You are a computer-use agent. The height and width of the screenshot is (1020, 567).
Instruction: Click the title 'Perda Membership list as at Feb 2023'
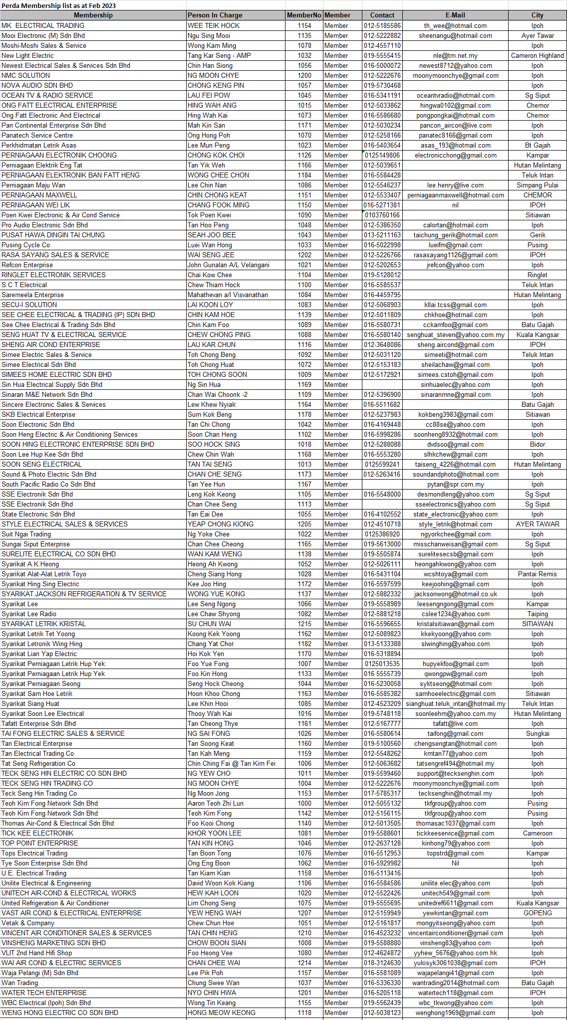click(x=59, y=5)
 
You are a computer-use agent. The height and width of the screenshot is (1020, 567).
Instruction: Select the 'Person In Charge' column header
click(x=215, y=15)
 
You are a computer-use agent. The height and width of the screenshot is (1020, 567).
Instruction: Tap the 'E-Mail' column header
click(x=455, y=15)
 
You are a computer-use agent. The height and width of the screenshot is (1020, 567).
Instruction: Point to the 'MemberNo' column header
click(x=304, y=15)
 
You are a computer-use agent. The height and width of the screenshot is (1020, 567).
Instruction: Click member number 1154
click(x=304, y=25)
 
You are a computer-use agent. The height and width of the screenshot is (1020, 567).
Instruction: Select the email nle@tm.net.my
click(x=455, y=55)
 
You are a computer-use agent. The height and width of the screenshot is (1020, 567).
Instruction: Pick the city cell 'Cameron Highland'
click(x=537, y=55)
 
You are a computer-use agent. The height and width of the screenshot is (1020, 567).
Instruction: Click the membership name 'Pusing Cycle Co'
click(x=26, y=245)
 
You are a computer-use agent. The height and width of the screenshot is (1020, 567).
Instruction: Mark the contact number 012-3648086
click(x=382, y=344)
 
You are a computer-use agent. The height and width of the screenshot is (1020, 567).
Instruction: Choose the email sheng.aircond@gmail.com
click(x=455, y=344)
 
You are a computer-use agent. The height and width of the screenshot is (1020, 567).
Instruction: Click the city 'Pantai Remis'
click(x=537, y=574)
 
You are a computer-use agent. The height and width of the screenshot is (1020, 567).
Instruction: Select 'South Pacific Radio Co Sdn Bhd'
click(x=48, y=484)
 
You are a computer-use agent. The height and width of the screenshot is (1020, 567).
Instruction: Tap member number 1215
click(x=304, y=624)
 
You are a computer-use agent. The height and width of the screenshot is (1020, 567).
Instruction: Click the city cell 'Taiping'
click(x=537, y=614)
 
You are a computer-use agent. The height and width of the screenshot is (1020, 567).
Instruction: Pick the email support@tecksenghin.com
click(x=455, y=773)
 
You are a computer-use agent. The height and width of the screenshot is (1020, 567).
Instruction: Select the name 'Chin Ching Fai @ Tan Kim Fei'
click(x=231, y=763)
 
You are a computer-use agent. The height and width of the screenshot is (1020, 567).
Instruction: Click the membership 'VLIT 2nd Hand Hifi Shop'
click(x=37, y=953)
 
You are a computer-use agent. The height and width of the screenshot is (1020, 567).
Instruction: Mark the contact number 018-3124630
click(x=382, y=963)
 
